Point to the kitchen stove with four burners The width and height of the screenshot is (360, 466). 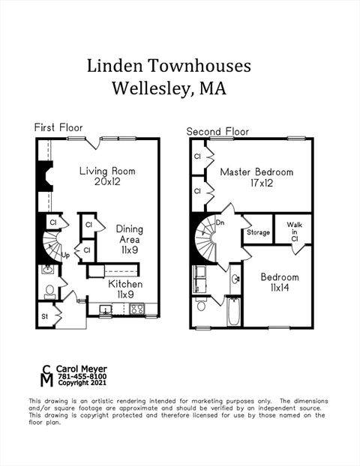tap(136, 309)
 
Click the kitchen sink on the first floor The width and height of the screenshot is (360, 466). tap(106, 309)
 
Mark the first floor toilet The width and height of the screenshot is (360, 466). tap(49, 289)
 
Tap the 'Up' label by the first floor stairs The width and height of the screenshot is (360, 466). tap(65, 255)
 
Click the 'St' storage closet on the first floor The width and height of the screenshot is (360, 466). tap(46, 316)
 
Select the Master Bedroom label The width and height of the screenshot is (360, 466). tap(256, 177)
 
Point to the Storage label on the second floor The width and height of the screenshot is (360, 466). tap(258, 233)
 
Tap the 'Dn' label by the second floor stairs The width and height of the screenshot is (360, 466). tap(220, 223)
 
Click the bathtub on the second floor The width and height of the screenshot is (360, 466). tap(233, 312)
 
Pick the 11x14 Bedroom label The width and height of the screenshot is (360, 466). tap(279, 282)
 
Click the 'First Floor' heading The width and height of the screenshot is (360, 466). tap(58, 127)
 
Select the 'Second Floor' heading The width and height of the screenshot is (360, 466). tap(217, 131)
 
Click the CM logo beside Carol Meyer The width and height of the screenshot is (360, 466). tap(46, 375)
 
